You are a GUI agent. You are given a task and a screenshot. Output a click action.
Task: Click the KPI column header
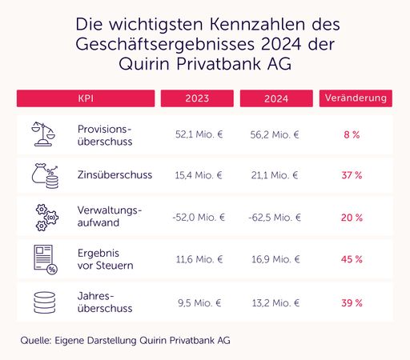click(x=84, y=98)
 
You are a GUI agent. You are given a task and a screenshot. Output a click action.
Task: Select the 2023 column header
click(x=196, y=98)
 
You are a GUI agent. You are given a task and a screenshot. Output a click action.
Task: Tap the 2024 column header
click(x=275, y=98)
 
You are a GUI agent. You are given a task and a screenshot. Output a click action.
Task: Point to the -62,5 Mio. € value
click(x=275, y=217)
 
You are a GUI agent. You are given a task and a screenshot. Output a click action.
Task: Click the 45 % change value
click(x=353, y=260)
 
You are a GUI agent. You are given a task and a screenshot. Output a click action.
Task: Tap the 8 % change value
click(x=353, y=134)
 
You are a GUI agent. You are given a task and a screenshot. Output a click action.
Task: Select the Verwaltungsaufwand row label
click(x=110, y=217)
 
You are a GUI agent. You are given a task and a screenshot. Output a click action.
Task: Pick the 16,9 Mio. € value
click(x=274, y=260)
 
